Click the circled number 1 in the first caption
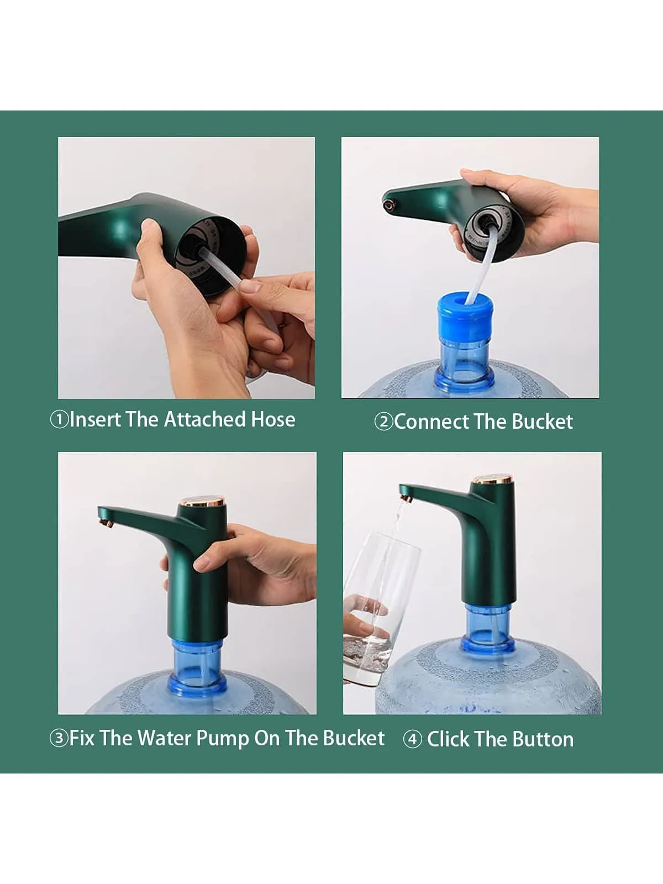point(59,420)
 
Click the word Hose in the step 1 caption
point(273,420)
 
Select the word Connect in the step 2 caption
point(431,422)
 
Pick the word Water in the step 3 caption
point(165,738)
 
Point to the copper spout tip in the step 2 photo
point(388,206)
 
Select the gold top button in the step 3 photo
point(202,503)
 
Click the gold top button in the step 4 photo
point(492,480)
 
